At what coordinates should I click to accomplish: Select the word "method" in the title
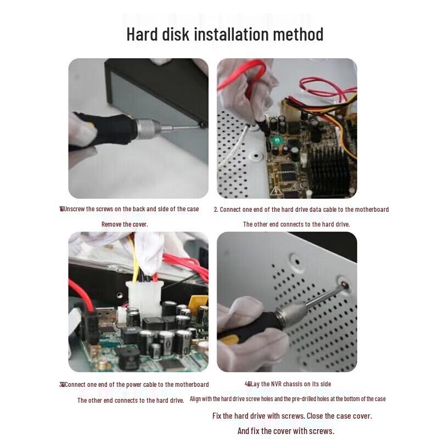tap(298, 34)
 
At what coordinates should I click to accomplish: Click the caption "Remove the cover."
tap(125, 224)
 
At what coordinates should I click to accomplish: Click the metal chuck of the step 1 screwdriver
tap(147, 129)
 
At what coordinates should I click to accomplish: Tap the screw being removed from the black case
tap(202, 125)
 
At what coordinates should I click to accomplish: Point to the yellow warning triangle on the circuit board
tap(276, 190)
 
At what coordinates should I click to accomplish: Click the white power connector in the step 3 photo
tap(144, 297)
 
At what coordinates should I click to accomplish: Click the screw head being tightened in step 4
tap(344, 285)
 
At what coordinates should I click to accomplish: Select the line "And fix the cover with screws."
tap(285, 431)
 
